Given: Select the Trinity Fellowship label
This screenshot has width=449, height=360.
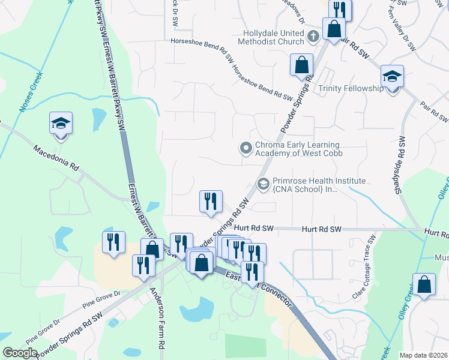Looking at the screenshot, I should [351, 88].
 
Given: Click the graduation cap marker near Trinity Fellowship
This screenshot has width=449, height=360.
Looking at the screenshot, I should [392, 77].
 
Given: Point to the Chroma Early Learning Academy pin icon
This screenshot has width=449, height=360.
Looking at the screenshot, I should [246, 148].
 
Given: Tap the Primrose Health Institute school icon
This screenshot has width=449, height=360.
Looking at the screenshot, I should [263, 184].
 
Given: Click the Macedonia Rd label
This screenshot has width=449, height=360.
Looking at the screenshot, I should [56, 158].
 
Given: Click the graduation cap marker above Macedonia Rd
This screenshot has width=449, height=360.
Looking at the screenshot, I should [61, 124].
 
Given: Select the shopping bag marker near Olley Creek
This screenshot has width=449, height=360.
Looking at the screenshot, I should [424, 286].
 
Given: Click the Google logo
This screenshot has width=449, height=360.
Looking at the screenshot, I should [20, 353].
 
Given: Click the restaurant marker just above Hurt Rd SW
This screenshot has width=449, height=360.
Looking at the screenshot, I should [211, 201].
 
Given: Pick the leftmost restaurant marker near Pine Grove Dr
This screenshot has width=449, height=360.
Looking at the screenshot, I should [113, 243].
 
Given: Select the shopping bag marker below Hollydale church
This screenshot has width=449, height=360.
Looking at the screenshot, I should [301, 65].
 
